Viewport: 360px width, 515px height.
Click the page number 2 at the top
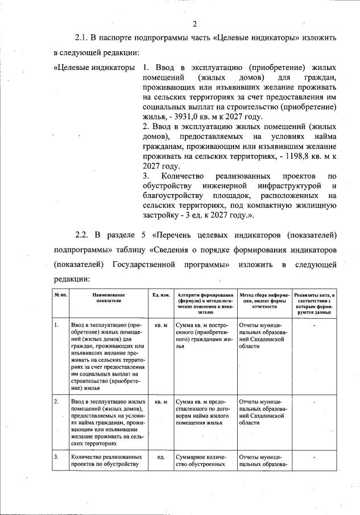[x=195, y=23]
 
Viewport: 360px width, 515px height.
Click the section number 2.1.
[x=84, y=38]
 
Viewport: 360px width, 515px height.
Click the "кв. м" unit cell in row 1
[x=161, y=326]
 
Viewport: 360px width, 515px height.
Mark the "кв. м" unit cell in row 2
[x=161, y=402]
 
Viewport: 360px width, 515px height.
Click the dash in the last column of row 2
[x=314, y=402]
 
